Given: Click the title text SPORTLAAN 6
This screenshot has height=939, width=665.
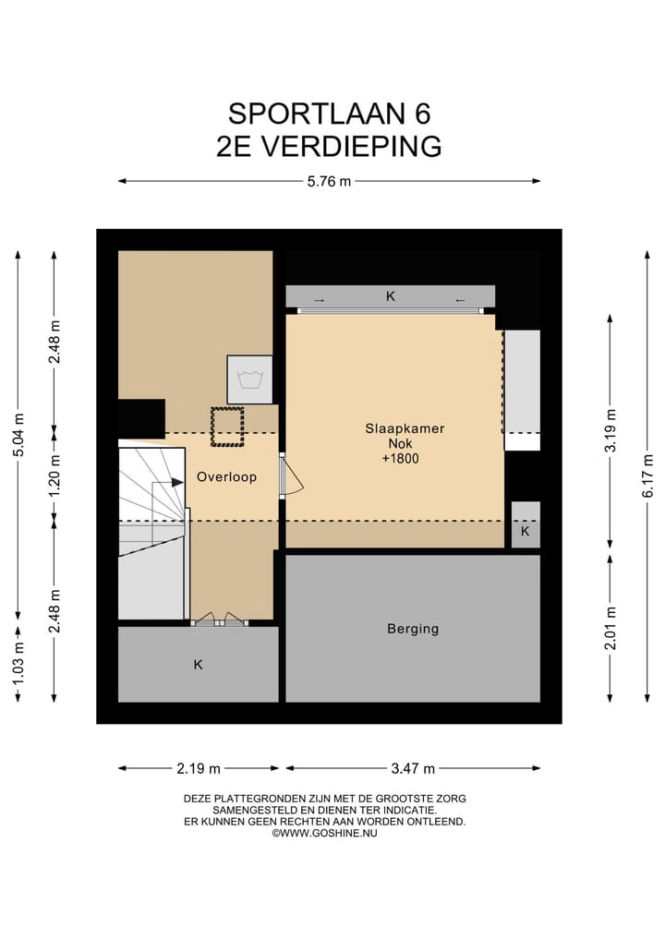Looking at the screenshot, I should [329, 113].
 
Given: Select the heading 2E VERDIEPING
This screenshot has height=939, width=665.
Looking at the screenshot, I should [329, 147].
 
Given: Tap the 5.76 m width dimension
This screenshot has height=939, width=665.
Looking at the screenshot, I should [329, 181].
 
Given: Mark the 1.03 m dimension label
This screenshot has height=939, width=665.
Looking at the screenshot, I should [18, 666].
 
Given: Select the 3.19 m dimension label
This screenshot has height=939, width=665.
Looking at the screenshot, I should [611, 430].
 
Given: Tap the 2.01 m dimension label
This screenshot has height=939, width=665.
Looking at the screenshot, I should [611, 628].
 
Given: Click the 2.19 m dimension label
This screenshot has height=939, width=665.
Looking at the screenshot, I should [199, 767].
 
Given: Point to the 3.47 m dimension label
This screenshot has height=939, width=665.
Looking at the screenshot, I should [412, 767].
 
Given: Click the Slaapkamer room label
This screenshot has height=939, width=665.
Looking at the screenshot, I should [404, 428].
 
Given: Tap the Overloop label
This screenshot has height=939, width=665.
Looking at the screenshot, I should [226, 477].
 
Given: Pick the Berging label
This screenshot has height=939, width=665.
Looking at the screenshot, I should [412, 629].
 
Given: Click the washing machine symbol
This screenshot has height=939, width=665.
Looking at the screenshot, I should [249, 379].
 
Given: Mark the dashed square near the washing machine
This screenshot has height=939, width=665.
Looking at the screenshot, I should [226, 427].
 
